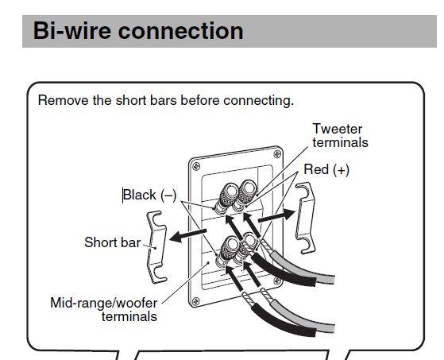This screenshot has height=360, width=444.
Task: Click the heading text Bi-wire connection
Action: coord(138,31)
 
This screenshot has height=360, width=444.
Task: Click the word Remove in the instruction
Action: coord(64,100)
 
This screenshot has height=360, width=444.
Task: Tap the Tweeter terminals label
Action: coord(340,135)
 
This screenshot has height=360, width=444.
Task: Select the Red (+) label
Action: coord(326,169)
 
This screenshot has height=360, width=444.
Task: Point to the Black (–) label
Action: coord(150,195)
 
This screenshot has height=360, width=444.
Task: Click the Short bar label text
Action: coord(113,242)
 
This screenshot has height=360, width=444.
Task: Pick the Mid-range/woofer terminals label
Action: coord(103,310)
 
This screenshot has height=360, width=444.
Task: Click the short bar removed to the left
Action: coord(156,247)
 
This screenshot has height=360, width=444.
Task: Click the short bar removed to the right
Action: coord(305,218)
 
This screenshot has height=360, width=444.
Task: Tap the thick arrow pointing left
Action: coord(187,236)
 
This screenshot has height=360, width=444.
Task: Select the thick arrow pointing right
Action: coord(276,215)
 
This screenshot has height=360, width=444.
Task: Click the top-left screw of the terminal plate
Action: coord(195,166)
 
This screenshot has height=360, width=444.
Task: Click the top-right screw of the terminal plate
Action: coord(277,154)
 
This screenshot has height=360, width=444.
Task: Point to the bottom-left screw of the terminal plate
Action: coord(195,301)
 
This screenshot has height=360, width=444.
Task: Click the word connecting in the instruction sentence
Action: coord(258,101)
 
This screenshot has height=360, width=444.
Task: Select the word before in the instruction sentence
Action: coord(200,100)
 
